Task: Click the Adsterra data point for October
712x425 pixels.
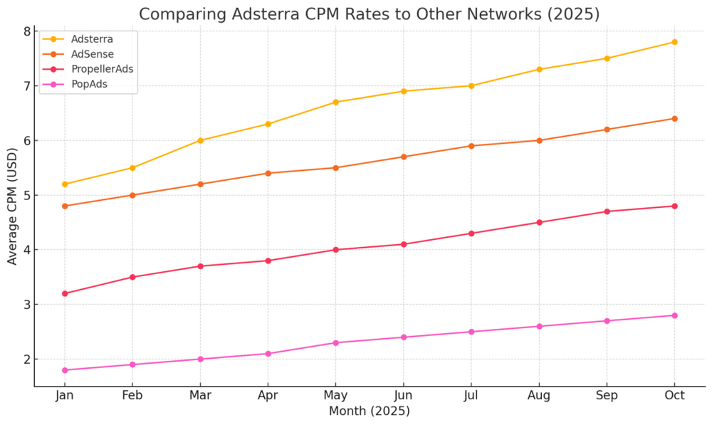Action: click(674, 42)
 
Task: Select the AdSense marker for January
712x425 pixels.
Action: click(65, 206)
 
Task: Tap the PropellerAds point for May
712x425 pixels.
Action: click(335, 250)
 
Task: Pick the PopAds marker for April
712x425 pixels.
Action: click(268, 354)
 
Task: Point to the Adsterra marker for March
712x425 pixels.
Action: click(200, 140)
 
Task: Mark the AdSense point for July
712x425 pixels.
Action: click(471, 146)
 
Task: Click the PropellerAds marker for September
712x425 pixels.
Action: click(607, 211)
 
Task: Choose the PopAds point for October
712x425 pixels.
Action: click(674, 315)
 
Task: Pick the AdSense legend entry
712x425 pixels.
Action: click(92, 54)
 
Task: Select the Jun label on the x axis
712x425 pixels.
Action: click(403, 396)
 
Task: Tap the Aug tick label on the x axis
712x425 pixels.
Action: click(539, 396)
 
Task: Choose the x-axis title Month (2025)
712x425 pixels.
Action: click(369, 411)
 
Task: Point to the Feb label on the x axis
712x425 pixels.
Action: click(132, 396)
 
